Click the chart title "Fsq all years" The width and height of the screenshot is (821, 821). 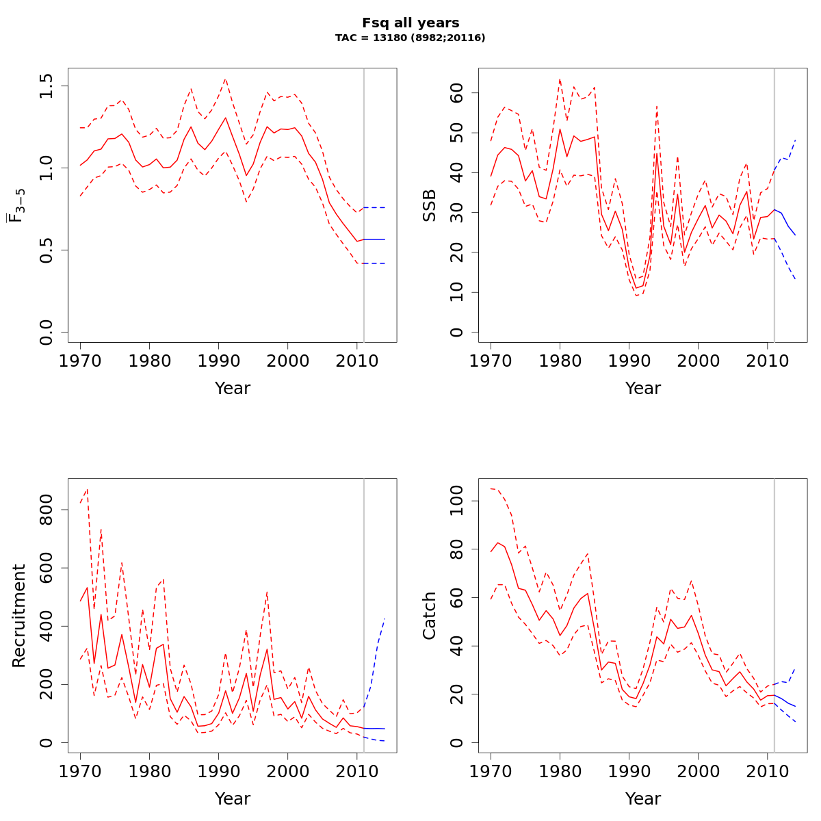point(410,23)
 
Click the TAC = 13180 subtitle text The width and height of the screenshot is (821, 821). point(410,38)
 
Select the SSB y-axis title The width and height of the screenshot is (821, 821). point(429,206)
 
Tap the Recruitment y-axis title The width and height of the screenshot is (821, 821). point(18,616)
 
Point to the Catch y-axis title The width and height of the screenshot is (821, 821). point(429,616)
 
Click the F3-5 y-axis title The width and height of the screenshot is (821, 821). point(17,205)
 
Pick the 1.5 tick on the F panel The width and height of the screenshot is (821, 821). point(47,86)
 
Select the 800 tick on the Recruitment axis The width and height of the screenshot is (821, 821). point(47,510)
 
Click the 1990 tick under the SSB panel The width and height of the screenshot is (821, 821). point(629,361)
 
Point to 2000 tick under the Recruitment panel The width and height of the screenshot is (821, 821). point(287,771)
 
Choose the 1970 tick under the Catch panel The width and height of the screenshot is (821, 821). point(491,771)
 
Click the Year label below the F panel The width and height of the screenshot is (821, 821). point(233,389)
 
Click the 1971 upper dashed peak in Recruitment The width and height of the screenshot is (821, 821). point(87,489)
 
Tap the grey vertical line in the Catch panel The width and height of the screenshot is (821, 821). point(774,616)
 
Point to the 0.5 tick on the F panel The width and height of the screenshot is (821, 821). point(47,250)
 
